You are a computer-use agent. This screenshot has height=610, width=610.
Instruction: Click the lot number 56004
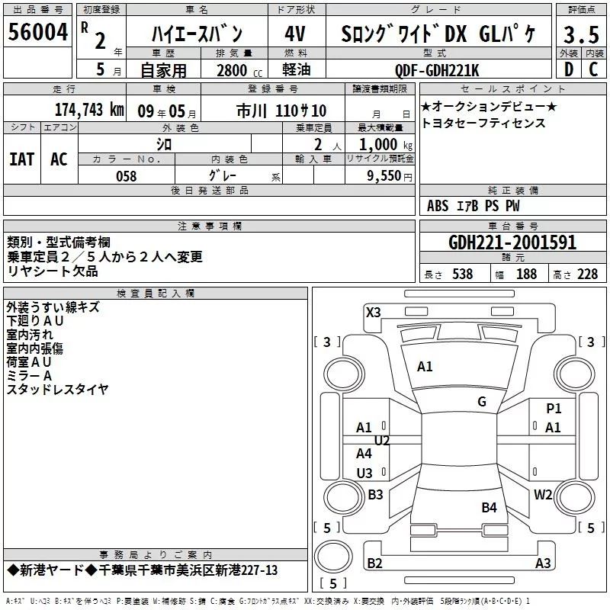coord(37,32)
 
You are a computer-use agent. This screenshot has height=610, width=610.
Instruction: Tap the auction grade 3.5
coord(581,34)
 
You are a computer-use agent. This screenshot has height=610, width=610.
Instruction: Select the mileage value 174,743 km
coord(89,110)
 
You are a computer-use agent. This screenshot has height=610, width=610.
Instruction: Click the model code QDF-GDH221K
coord(437,70)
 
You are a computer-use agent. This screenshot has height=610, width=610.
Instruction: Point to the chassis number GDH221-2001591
coord(512,242)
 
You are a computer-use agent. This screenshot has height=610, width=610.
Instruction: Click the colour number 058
coord(127,176)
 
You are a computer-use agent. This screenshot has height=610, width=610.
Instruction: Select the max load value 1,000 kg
coord(386,144)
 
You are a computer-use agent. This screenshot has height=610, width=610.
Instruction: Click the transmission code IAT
coord(22,159)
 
